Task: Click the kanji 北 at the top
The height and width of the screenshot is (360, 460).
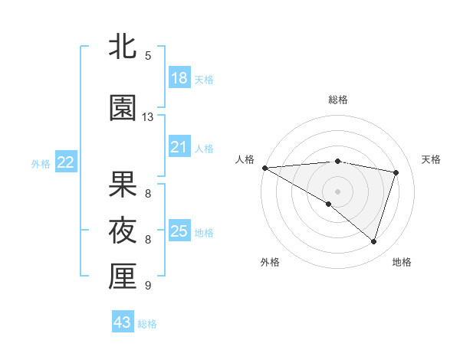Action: pyautogui.click(x=123, y=47)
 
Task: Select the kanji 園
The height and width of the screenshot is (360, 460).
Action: pyautogui.click(x=123, y=108)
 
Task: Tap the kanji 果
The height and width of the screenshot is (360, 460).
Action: pyautogui.click(x=123, y=185)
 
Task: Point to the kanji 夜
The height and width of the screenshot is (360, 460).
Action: pyautogui.click(x=123, y=231)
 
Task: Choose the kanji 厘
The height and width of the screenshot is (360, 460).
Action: pyautogui.click(x=123, y=277)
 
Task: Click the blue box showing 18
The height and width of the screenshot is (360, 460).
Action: pyautogui.click(x=179, y=77)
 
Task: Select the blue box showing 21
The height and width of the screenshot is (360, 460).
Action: pyautogui.click(x=179, y=146)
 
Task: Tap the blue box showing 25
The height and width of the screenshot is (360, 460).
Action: pyautogui.click(x=179, y=231)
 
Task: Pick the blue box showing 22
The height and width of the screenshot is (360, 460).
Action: pyautogui.click(x=66, y=162)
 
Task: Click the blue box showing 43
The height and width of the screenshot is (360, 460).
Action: pyautogui.click(x=123, y=322)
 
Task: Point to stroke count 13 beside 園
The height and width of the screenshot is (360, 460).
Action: pyautogui.click(x=148, y=117)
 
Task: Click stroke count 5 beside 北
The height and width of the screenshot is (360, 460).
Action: pyautogui.click(x=148, y=56)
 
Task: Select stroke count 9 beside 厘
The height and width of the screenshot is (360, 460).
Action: pyautogui.click(x=148, y=286)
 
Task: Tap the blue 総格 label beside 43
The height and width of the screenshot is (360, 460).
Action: pyautogui.click(x=148, y=324)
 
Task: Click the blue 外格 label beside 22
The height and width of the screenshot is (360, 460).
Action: pyautogui.click(x=41, y=163)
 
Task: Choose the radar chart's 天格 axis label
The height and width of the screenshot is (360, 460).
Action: pyautogui.click(x=432, y=159)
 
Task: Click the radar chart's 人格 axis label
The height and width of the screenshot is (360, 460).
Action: pyautogui.click(x=245, y=159)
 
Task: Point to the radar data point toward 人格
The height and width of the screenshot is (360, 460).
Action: pyautogui.click(x=264, y=167)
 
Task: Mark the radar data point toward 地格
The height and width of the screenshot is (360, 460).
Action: pyautogui.click(x=373, y=242)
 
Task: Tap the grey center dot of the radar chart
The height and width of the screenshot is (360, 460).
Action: pyautogui.click(x=337, y=191)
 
